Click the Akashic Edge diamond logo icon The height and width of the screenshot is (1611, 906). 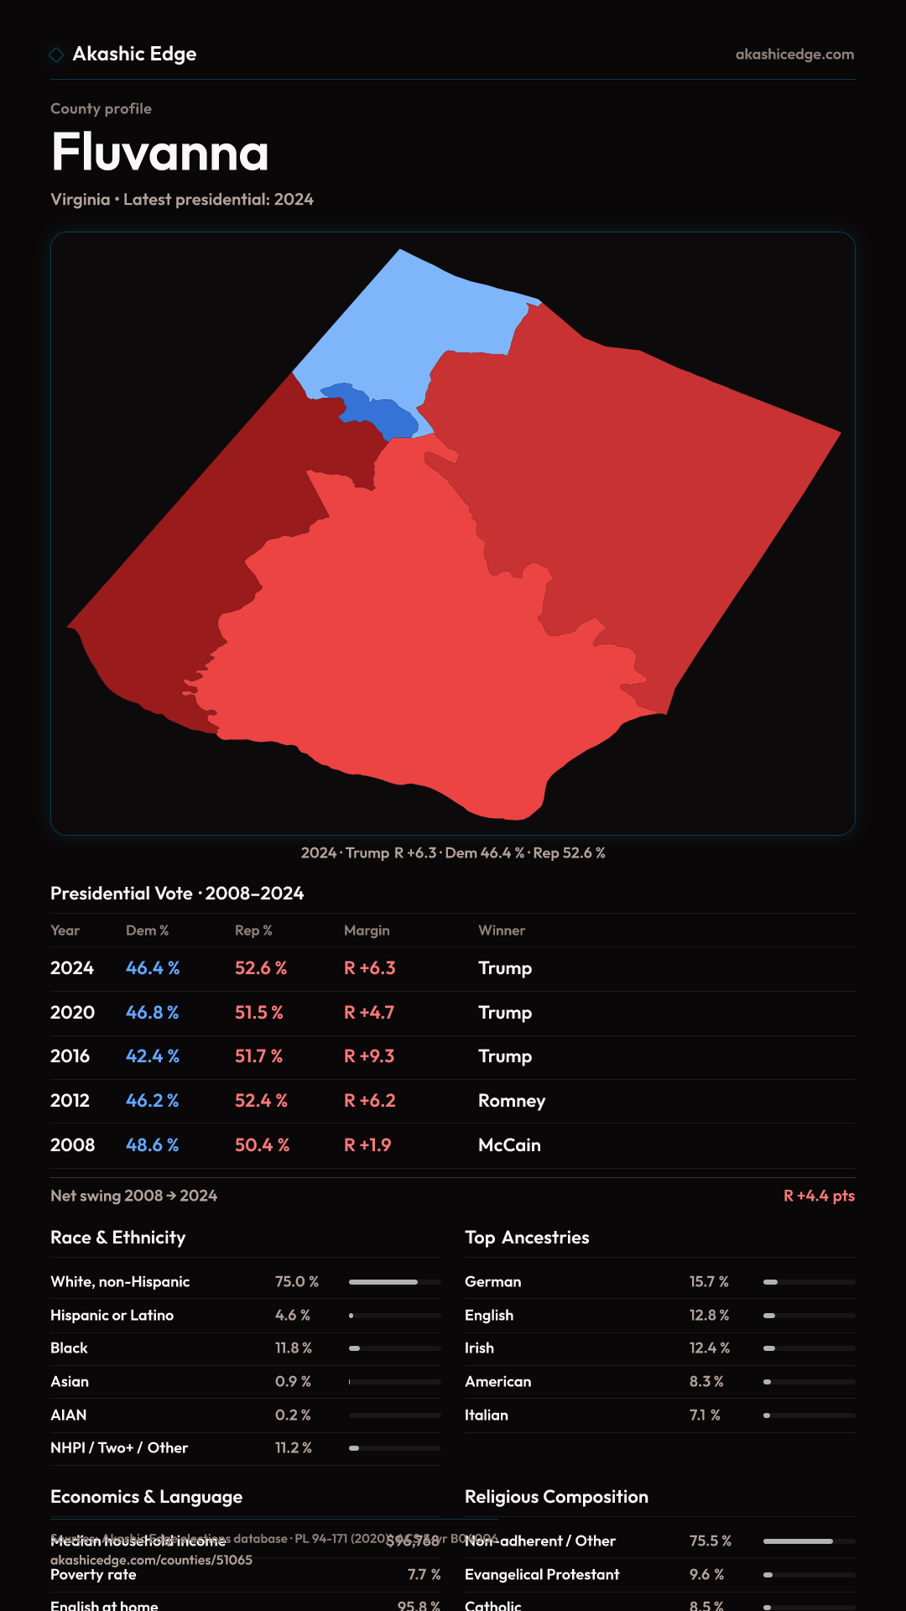pyautogui.click(x=56, y=55)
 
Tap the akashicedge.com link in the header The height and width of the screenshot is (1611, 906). pyautogui.click(x=794, y=55)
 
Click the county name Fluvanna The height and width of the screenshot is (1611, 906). pyautogui.click(x=160, y=152)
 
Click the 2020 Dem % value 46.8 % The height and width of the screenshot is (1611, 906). pyautogui.click(x=152, y=1013)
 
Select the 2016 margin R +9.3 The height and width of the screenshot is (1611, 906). pyautogui.click(x=369, y=1056)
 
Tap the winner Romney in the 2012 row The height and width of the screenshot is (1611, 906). pyautogui.click(x=512, y=1101)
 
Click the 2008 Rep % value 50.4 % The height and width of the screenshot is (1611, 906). pyautogui.click(x=262, y=1145)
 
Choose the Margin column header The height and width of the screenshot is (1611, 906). pyautogui.click(x=367, y=931)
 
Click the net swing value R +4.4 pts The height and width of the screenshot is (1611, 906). pyautogui.click(x=819, y=1196)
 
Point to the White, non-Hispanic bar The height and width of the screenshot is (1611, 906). pyautogui.click(x=394, y=1282)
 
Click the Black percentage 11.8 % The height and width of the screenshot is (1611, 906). pyautogui.click(x=294, y=1348)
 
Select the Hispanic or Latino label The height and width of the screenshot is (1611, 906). pyautogui.click(x=112, y=1316)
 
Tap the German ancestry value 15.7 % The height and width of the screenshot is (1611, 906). pyautogui.click(x=709, y=1282)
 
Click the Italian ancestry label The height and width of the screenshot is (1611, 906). pyautogui.click(x=487, y=1415)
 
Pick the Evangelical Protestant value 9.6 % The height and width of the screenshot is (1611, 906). pyautogui.click(x=706, y=1575)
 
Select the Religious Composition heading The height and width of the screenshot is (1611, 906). pyautogui.click(x=556, y=1497)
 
